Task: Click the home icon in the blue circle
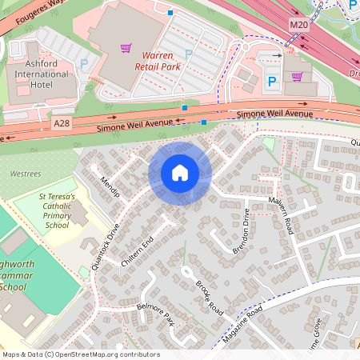point(180,173)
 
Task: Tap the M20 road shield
point(298,26)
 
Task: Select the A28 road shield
point(62,123)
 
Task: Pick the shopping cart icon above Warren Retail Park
point(126,47)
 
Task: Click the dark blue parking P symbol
point(271,82)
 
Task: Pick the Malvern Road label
point(282,215)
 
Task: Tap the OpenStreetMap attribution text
point(80,354)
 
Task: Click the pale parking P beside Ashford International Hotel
point(84,63)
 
